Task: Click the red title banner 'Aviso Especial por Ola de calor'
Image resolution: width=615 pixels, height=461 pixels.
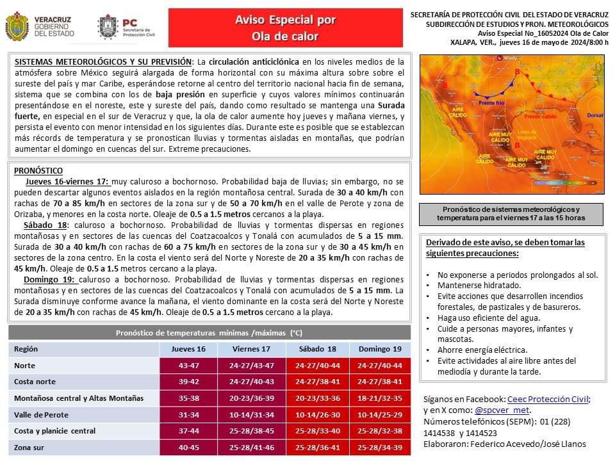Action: (x=285, y=28)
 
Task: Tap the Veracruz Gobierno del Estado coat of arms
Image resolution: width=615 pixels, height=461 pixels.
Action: (x=17, y=27)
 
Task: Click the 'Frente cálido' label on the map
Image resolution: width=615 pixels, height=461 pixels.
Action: (x=539, y=117)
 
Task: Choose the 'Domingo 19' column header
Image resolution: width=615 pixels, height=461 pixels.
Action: (x=380, y=349)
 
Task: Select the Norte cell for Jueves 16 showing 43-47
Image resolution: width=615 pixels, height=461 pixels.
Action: (x=188, y=366)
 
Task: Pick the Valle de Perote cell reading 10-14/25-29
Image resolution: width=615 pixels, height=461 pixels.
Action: (x=380, y=414)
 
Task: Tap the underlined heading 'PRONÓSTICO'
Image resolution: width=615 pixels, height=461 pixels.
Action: (x=38, y=171)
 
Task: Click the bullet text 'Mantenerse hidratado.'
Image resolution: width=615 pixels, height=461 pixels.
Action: (x=479, y=285)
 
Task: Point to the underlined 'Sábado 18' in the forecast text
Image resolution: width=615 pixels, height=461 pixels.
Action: (x=45, y=226)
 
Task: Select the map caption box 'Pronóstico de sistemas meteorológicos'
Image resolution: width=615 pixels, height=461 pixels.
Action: (x=512, y=214)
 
